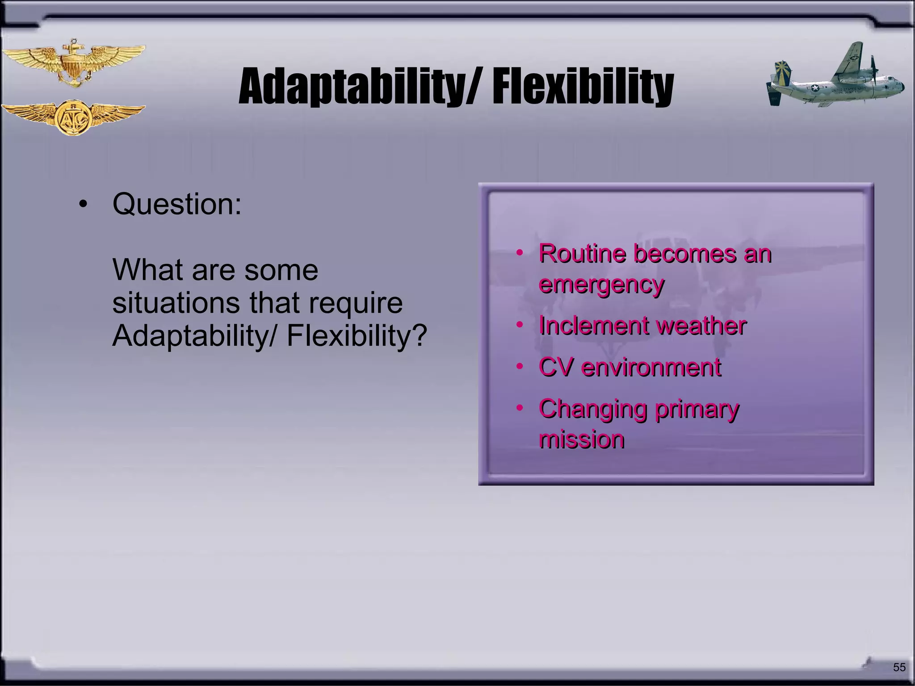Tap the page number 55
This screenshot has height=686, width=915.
coord(899,667)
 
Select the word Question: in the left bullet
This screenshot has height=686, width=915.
coord(177,204)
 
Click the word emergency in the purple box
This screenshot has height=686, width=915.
coord(601,284)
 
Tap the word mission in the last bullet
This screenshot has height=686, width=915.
coord(581,440)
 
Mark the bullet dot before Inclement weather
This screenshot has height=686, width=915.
coord(519,325)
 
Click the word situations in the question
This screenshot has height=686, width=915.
coord(176,303)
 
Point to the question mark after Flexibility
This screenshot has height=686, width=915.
coord(419,336)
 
